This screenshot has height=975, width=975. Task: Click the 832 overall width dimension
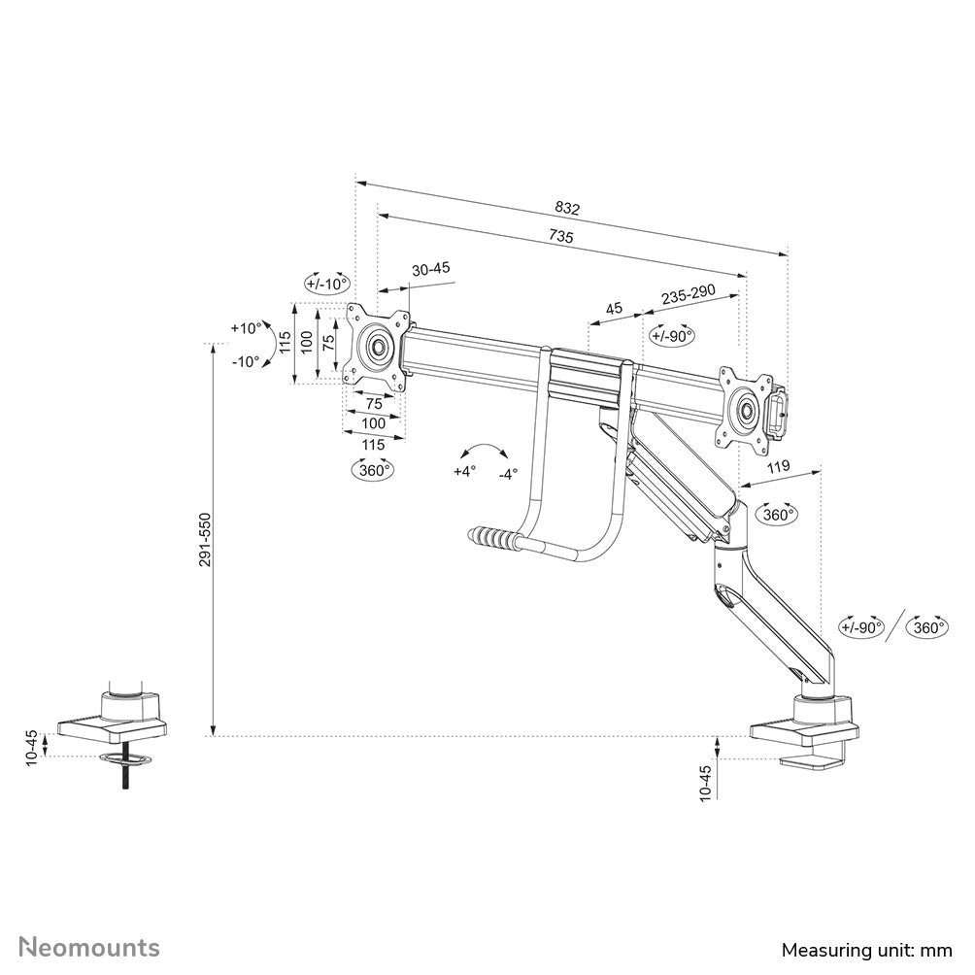pos(567,208)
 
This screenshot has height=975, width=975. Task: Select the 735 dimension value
pos(560,237)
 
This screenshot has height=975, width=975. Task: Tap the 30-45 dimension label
pos(430,270)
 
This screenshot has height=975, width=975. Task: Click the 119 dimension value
pos(778,467)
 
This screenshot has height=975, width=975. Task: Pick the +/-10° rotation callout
pos(325,284)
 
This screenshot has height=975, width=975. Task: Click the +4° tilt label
pos(466,471)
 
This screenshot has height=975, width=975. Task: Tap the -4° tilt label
pos(508,474)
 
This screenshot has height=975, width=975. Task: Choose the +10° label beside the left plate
pos(246,328)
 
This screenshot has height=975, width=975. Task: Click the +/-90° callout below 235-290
pos(672,336)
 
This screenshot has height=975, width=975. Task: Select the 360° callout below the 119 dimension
pos(778,514)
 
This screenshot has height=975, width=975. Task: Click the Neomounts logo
pos(90,947)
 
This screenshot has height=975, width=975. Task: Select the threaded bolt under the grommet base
pos(124,778)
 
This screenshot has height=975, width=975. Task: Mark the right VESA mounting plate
pos(746,409)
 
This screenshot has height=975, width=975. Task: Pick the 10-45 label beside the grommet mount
pos(32,746)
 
